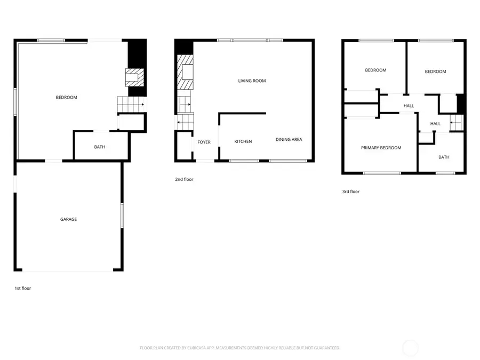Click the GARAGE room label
pyautogui.click(x=68, y=219)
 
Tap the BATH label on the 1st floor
pyautogui.click(x=100, y=147)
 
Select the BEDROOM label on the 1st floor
pyautogui.click(x=67, y=97)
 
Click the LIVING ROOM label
pyautogui.click(x=252, y=81)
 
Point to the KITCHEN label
pyautogui.click(x=243, y=141)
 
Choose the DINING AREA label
pyautogui.click(x=289, y=140)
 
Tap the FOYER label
pyautogui.click(x=204, y=142)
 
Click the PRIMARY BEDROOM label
pyautogui.click(x=381, y=148)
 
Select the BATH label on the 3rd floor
pyautogui.click(x=444, y=157)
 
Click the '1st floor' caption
pyautogui.click(x=23, y=289)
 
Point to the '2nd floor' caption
pyautogui.click(x=184, y=180)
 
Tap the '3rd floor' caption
pyautogui.click(x=351, y=191)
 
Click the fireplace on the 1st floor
pyautogui.click(x=134, y=77)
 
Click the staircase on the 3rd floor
pyautogui.click(x=457, y=123)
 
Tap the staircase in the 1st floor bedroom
pyautogui.click(x=131, y=105)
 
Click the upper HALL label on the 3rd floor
pyautogui.click(x=409, y=106)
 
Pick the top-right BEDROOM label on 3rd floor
pyautogui.click(x=435, y=71)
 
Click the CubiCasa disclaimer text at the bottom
pyautogui.click(x=239, y=348)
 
